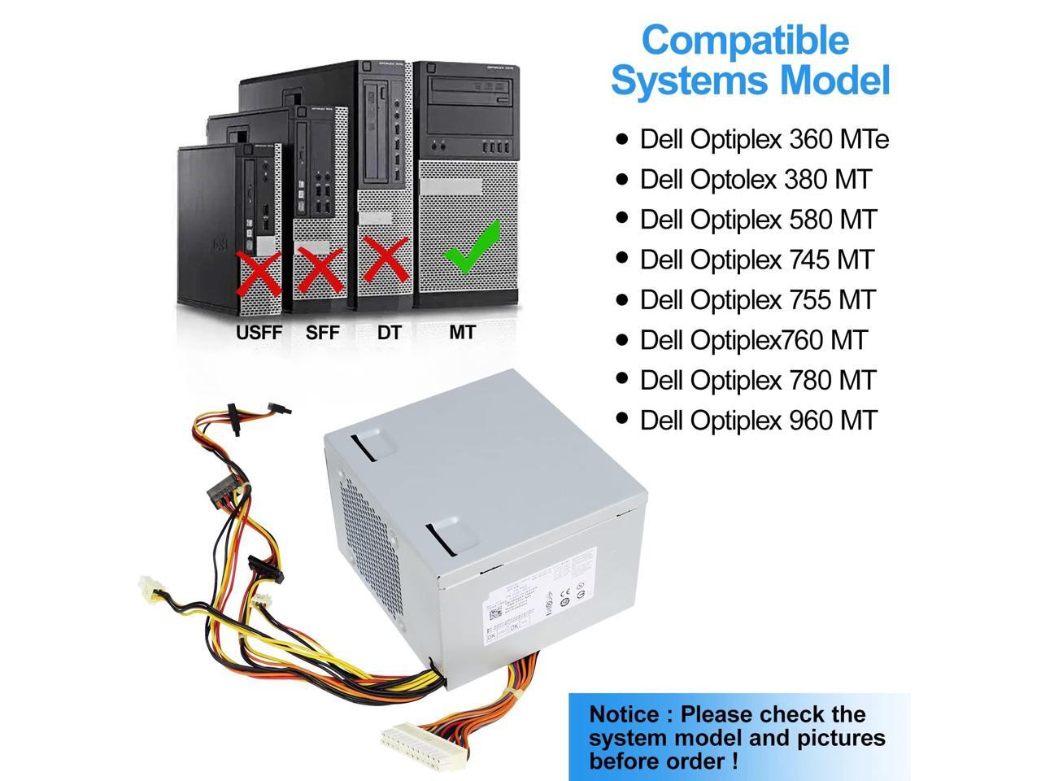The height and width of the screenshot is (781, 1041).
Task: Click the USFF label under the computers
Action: (259, 332)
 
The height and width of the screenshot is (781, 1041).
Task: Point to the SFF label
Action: (322, 332)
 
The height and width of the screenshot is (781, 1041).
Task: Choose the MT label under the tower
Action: (462, 331)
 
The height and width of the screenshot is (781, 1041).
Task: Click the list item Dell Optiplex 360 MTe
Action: (764, 139)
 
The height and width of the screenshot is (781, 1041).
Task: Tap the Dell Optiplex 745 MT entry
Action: (756, 260)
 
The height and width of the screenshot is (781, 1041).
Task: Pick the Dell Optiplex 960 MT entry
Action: (759, 420)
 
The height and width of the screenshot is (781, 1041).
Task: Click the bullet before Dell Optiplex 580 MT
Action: (623, 219)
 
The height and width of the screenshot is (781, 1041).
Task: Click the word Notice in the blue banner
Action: (625, 715)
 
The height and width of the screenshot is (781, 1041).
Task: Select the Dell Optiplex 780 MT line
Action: (758, 380)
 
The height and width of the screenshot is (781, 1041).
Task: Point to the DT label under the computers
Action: (389, 332)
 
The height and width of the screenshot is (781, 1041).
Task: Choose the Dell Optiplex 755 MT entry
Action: (757, 299)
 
